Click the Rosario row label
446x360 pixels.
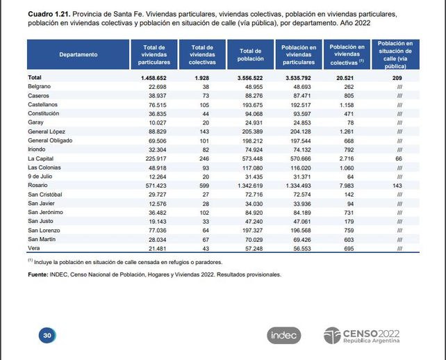tap(38, 186)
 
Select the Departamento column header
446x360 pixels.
tap(79, 54)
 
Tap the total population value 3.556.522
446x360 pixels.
tap(250, 78)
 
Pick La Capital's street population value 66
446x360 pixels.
tap(399, 158)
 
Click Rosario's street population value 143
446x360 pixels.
tap(397, 186)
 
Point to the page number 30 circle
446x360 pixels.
tap(47, 335)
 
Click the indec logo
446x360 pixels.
tap(283, 335)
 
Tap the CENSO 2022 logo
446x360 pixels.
tap(361, 336)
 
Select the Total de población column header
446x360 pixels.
tap(250, 54)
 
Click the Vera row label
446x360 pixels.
tap(34, 248)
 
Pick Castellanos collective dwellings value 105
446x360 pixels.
tap(204, 105)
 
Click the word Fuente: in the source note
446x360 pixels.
tap(38, 275)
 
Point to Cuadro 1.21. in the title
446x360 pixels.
tap(49, 14)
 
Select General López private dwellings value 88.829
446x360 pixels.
tap(157, 131)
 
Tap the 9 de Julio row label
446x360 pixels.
tap(40, 177)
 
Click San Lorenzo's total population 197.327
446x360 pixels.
tap(253, 230)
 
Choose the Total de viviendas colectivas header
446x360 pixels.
tap(202, 54)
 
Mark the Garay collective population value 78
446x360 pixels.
tap(350, 122)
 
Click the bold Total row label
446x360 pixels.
tap(35, 77)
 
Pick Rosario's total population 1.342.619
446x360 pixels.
tap(250, 186)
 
